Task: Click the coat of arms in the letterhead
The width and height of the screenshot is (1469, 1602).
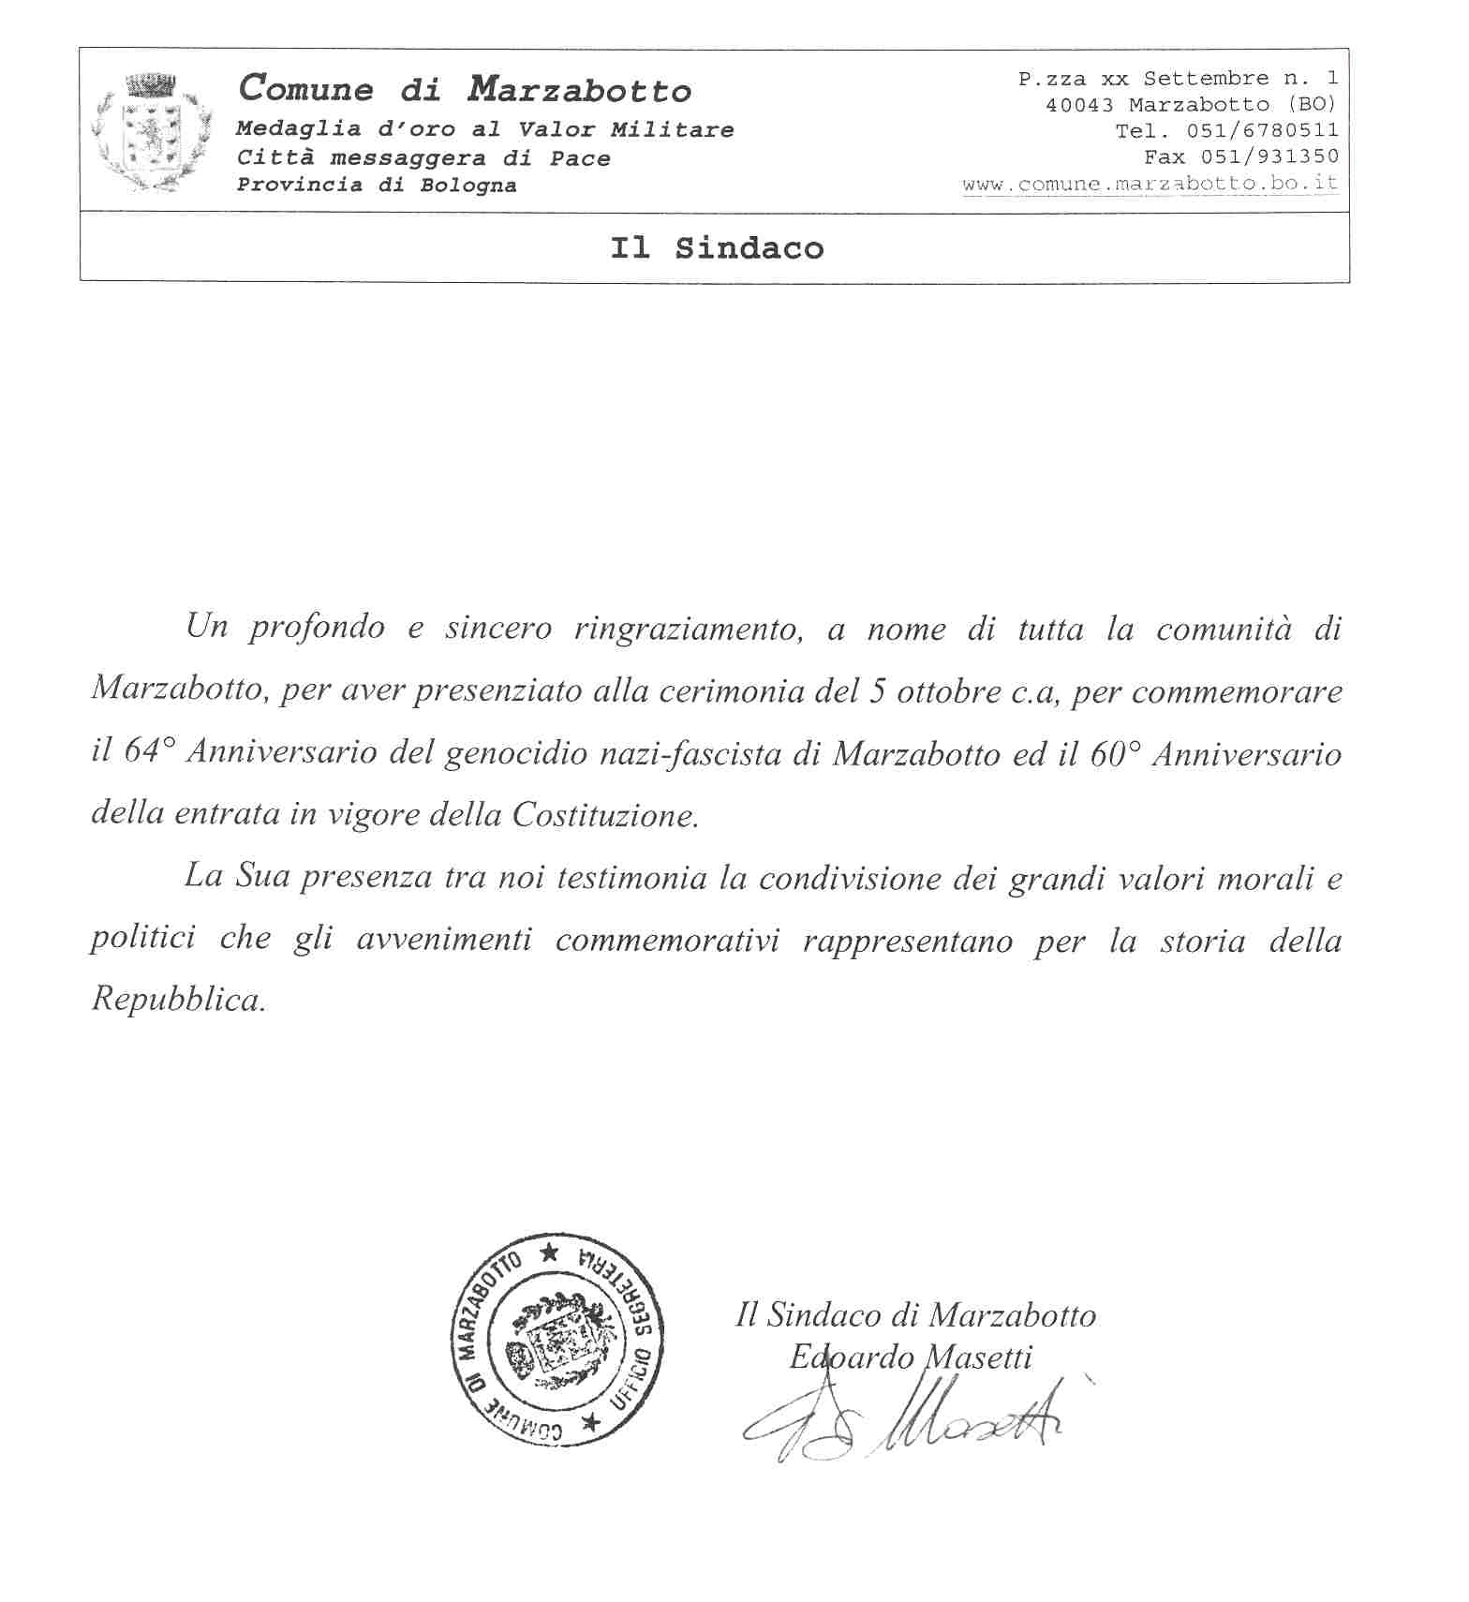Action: [151, 132]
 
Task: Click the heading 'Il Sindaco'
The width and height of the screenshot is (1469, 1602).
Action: [717, 248]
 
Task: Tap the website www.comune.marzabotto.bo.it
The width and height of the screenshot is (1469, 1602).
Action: [1150, 184]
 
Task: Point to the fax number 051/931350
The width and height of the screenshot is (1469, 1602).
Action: [1269, 156]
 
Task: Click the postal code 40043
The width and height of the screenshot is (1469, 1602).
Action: [1079, 105]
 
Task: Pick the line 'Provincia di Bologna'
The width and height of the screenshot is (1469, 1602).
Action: [376, 185]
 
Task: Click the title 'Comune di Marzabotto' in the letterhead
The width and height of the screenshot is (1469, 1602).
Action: [466, 90]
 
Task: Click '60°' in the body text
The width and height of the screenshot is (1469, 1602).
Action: [1113, 753]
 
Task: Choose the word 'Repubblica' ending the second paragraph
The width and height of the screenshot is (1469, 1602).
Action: [178, 1001]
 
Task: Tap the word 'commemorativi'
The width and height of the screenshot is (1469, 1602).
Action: [667, 940]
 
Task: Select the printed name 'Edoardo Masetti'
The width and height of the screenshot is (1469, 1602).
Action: [911, 1357]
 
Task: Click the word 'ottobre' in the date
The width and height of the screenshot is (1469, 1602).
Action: [946, 692]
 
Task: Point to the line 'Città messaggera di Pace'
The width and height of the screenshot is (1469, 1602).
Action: [423, 158]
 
